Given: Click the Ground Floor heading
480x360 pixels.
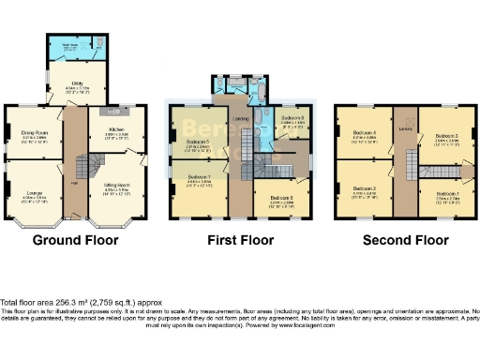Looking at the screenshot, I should [75, 240].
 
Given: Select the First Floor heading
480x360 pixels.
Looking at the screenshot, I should [241, 240].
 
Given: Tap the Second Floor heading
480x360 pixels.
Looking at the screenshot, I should [406, 240].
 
